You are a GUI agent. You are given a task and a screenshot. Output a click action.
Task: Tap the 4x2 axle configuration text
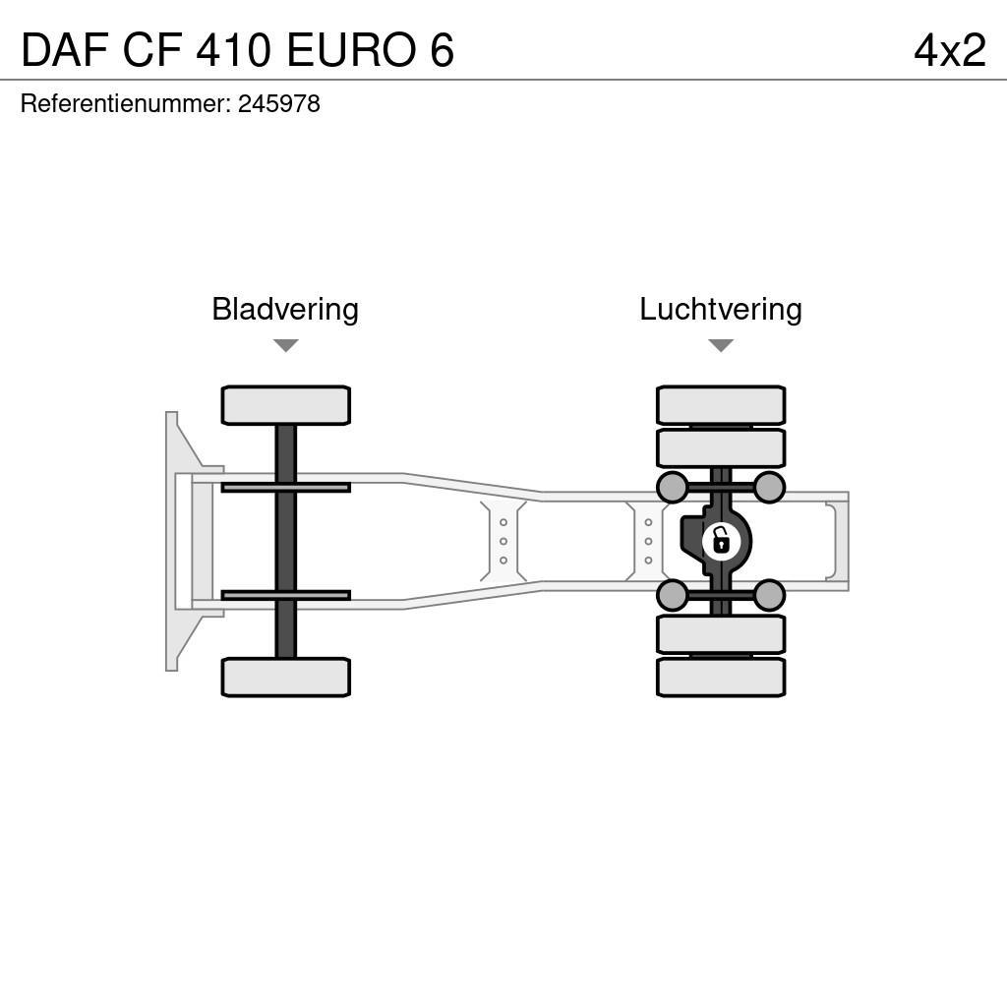[x=949, y=49]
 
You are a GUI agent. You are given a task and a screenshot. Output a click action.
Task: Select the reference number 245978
[x=279, y=104]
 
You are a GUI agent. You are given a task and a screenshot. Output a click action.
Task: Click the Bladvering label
[x=285, y=310]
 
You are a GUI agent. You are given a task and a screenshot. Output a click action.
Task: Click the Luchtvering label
[x=721, y=310]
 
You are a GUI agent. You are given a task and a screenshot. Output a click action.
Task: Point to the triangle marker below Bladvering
[x=285, y=345]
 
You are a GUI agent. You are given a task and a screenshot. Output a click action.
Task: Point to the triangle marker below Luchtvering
[x=721, y=345]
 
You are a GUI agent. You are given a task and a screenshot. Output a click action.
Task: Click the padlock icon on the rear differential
[x=721, y=541]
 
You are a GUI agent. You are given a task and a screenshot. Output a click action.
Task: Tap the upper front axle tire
[x=285, y=405]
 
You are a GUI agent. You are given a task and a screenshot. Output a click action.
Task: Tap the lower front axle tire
[x=285, y=678]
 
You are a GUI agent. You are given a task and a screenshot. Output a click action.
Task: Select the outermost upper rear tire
[x=721, y=405]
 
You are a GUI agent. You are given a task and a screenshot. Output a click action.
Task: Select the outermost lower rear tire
[x=721, y=678]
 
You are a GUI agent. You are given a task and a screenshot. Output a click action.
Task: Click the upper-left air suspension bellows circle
[x=672, y=487]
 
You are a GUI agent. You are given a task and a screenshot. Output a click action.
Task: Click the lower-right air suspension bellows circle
[x=769, y=595]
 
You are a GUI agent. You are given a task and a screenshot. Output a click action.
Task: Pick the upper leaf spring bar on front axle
[x=285, y=487]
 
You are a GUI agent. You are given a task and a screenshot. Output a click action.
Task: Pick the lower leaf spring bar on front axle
[x=285, y=595]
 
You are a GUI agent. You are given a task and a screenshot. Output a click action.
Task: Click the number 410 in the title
[x=232, y=49]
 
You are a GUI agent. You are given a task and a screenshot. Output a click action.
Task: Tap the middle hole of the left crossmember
[x=503, y=541]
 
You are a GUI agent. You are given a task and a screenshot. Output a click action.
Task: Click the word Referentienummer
[x=124, y=104]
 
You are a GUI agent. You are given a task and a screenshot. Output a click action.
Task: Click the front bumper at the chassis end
[x=173, y=541]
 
